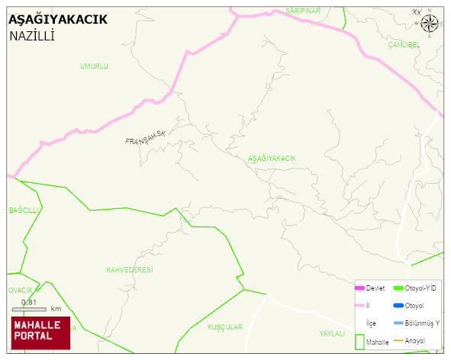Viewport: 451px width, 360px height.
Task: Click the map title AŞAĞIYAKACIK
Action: [x=58, y=19]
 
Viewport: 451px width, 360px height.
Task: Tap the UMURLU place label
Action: [x=94, y=66]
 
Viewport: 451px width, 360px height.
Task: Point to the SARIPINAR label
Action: [x=303, y=11]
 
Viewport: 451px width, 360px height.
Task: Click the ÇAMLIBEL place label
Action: [x=404, y=45]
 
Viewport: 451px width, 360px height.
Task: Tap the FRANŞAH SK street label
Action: [x=145, y=138]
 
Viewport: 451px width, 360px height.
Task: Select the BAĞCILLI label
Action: [x=24, y=210]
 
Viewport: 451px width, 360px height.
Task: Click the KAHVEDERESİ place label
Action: [x=130, y=270]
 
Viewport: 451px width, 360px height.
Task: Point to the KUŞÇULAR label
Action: [x=225, y=327]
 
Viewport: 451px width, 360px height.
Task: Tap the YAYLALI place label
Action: [x=333, y=334]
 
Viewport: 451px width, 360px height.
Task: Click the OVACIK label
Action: [x=21, y=291]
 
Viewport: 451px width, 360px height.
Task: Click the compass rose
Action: [x=430, y=23]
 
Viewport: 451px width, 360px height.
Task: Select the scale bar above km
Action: [x=30, y=309]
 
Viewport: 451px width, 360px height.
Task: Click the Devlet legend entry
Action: [x=370, y=288]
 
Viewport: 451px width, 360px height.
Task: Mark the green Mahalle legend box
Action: [x=360, y=342]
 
